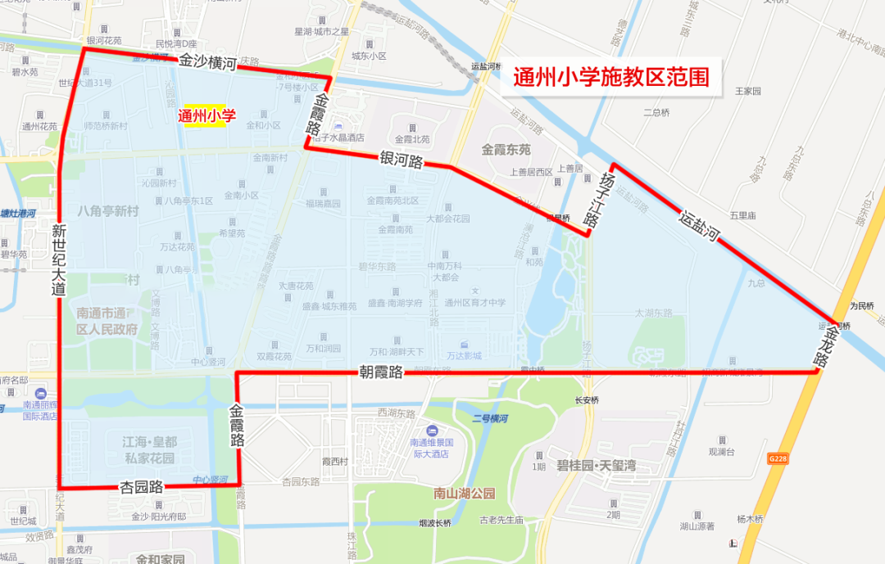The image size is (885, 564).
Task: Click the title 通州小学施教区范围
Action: tap(610, 77)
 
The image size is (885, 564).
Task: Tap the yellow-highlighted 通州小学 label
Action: tap(206, 117)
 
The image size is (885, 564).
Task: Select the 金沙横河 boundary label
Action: tap(208, 61)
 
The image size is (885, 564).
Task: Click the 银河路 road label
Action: tap(401, 160)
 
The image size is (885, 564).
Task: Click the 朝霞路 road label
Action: tap(381, 372)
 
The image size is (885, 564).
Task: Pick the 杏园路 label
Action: tap(142, 486)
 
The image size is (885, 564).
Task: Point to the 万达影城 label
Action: tap(464, 356)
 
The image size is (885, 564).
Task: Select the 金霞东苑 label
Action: tap(506, 150)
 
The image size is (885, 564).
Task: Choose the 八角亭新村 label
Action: tap(108, 211)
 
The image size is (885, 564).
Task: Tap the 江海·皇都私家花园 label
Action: tap(148, 450)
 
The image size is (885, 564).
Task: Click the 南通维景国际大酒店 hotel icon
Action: tap(431, 431)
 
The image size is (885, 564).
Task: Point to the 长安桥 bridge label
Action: tap(587, 400)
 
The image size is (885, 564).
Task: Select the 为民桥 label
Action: tap(861, 306)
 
